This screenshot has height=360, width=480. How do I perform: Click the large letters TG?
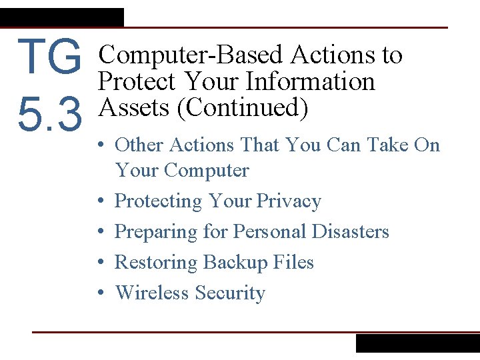pos(50,57)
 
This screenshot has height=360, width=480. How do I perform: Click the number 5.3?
pos(50,115)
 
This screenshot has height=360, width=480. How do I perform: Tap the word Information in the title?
pos(310,82)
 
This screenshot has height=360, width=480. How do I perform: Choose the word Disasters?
pos(346,232)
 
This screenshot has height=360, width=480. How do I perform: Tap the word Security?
pos(231,293)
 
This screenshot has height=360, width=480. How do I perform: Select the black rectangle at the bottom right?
pos(417,343)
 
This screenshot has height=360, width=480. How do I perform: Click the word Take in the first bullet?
pos(384,145)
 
